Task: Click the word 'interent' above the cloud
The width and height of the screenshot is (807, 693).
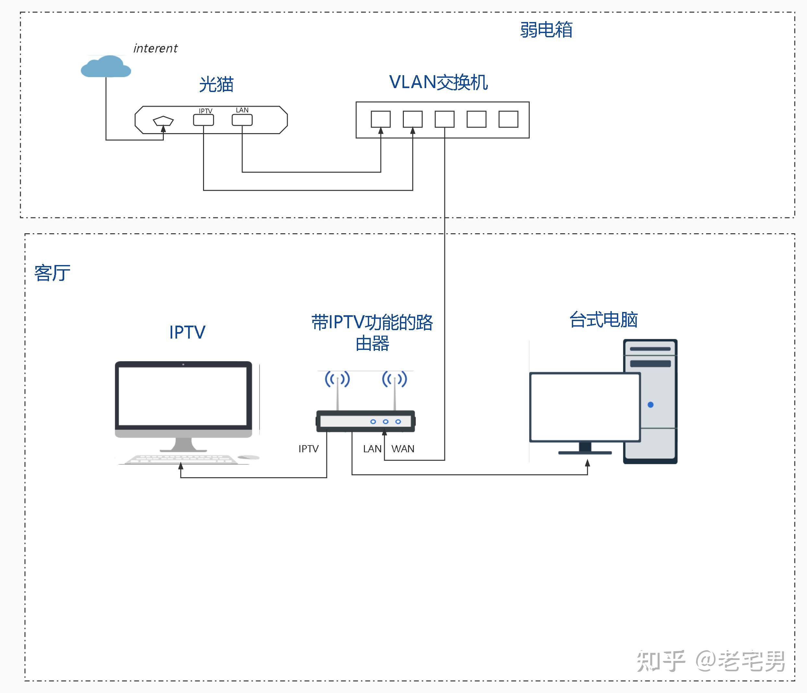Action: (x=155, y=48)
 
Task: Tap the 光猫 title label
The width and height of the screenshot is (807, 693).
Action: (x=216, y=84)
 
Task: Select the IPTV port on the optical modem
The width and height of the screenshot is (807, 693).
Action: (x=203, y=120)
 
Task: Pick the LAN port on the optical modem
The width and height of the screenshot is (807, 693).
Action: (x=242, y=120)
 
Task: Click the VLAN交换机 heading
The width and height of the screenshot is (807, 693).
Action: (x=438, y=82)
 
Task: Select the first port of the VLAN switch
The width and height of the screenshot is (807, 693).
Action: (x=380, y=119)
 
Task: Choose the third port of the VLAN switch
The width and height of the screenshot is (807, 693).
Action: (x=444, y=119)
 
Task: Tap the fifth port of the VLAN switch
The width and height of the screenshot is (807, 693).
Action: (x=508, y=119)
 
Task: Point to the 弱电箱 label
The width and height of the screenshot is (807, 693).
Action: (x=546, y=29)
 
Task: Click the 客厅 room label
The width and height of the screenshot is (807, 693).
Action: (x=52, y=273)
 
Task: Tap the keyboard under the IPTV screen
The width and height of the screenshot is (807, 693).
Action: (x=181, y=459)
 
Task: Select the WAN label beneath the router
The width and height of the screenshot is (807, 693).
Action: (x=403, y=449)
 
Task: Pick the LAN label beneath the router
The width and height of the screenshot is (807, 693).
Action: (x=372, y=449)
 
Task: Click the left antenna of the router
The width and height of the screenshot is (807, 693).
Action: (x=337, y=391)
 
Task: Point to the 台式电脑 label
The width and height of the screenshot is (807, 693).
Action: (x=603, y=320)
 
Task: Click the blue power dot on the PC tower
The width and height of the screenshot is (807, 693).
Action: (x=650, y=405)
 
